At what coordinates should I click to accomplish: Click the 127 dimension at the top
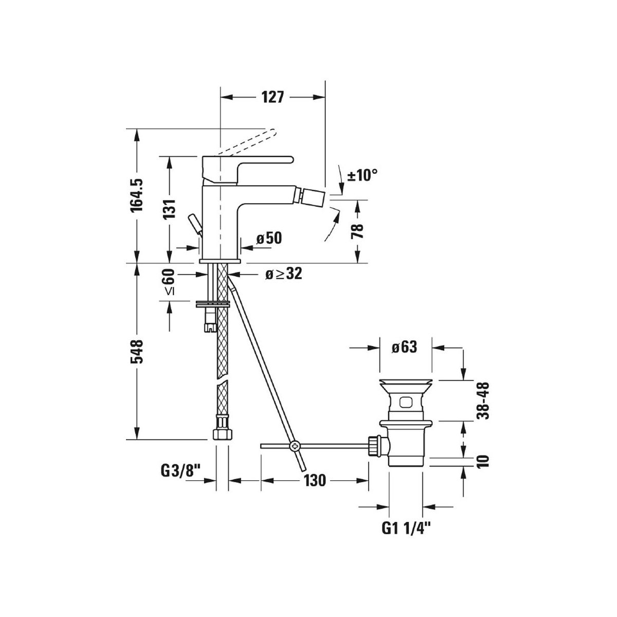[x=273, y=97]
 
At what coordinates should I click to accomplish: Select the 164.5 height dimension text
[x=136, y=195]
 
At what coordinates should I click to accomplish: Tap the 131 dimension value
[x=170, y=208]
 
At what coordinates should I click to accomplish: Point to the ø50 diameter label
[x=269, y=238]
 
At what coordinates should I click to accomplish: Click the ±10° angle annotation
[x=362, y=175]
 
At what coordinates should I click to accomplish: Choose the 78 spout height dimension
[x=357, y=231]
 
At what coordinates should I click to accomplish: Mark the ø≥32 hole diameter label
[x=284, y=274]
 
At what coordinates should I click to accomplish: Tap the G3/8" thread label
[x=181, y=480]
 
